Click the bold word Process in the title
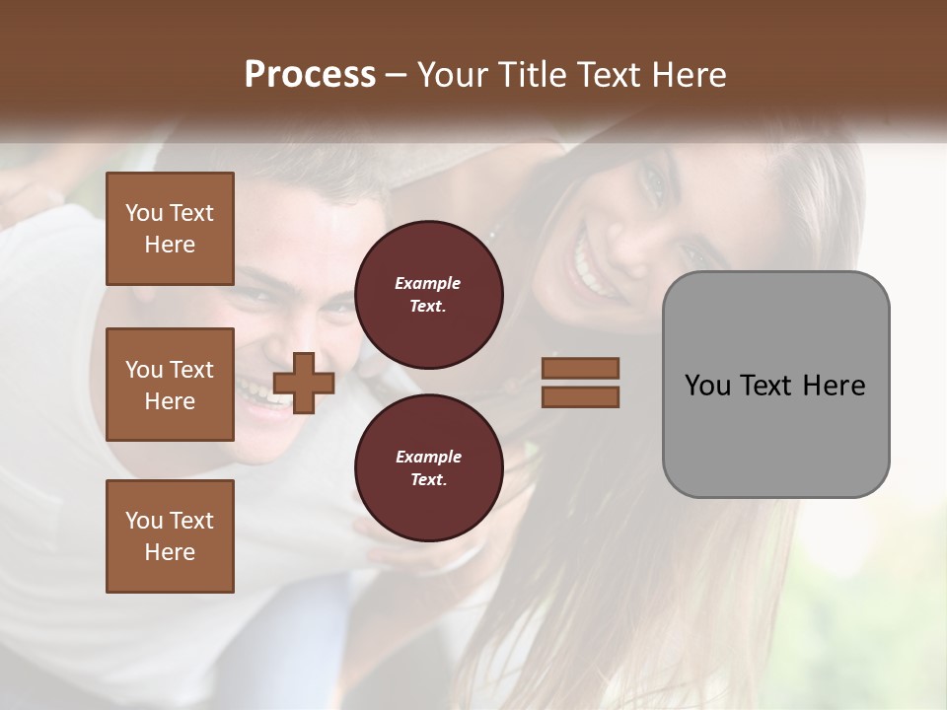click(x=310, y=75)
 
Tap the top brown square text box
click(x=170, y=229)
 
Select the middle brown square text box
click(x=170, y=385)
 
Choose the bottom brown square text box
click(x=170, y=536)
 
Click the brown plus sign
click(x=304, y=383)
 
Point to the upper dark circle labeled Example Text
click(x=429, y=295)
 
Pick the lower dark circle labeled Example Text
click(x=429, y=468)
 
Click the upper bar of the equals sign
click(x=580, y=368)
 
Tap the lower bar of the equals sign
click(x=580, y=396)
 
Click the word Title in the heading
click(x=536, y=75)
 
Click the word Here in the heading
click(x=688, y=75)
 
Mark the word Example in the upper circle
click(x=427, y=283)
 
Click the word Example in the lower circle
click(x=428, y=457)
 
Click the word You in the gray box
click(x=707, y=385)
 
